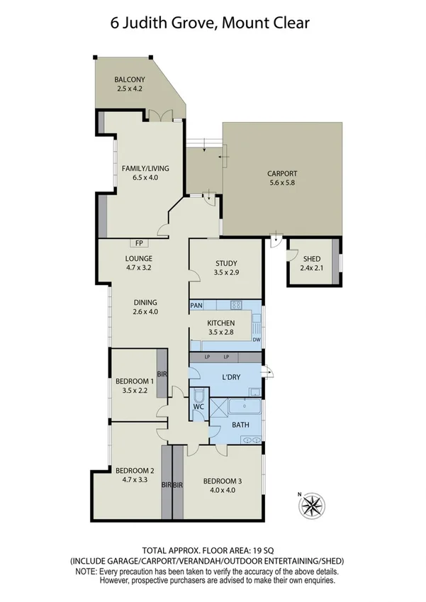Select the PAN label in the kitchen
pyautogui.click(x=197, y=306)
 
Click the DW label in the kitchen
pyautogui.click(x=256, y=340)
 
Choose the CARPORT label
pyautogui.click(x=282, y=173)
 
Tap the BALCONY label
pyautogui.click(x=130, y=79)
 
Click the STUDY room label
pyautogui.click(x=227, y=264)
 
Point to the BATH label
pyautogui.click(x=240, y=425)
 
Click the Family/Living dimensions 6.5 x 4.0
pyautogui.click(x=145, y=177)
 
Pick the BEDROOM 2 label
pyautogui.click(x=135, y=470)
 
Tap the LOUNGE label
pyautogui.click(x=140, y=258)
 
